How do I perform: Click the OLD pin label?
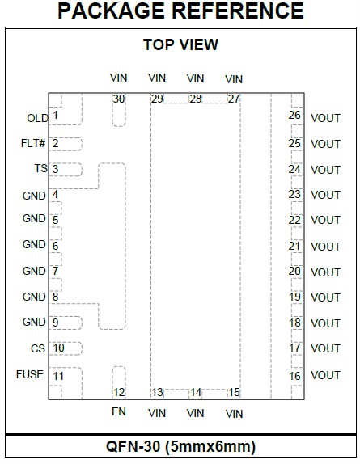click(x=37, y=118)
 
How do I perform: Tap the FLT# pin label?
click(x=33, y=144)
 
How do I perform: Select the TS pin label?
click(x=41, y=169)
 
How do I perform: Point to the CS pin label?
click(x=38, y=348)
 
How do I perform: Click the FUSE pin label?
click(x=30, y=374)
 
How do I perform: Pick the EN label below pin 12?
click(x=119, y=411)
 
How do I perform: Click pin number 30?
click(x=119, y=99)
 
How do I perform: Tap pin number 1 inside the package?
click(x=55, y=115)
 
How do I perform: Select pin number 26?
click(x=294, y=115)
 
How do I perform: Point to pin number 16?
click(x=294, y=376)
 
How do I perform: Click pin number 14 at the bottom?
click(x=196, y=393)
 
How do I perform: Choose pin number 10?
click(x=58, y=348)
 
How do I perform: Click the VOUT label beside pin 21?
click(x=325, y=247)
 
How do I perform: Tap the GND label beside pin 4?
click(x=34, y=196)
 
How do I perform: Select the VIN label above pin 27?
click(x=234, y=79)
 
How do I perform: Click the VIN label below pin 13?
click(x=157, y=413)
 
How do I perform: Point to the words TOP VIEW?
click(x=180, y=44)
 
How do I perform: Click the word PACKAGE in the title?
click(x=112, y=11)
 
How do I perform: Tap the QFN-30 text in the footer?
click(x=133, y=446)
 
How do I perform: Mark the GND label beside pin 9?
click(x=34, y=322)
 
